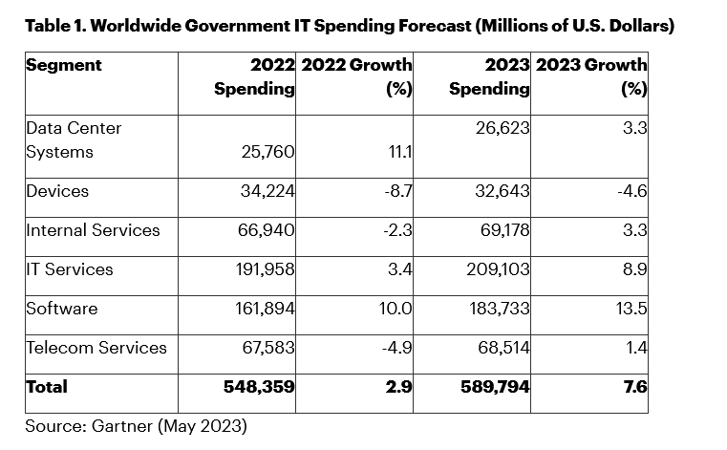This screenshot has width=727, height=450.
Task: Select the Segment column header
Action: point(64,66)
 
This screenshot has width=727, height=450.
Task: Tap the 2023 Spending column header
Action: point(488,77)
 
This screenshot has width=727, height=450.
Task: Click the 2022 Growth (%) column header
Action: point(356,77)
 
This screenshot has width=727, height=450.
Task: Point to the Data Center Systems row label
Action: point(74,139)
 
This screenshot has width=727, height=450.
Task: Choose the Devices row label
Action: point(57,191)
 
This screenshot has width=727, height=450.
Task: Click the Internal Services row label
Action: point(93,230)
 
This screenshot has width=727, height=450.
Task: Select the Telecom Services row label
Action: point(96,347)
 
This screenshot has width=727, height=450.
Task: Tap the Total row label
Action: point(47,387)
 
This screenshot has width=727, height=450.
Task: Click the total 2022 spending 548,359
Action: point(258,387)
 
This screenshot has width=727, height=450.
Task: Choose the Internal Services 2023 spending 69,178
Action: point(502,230)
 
